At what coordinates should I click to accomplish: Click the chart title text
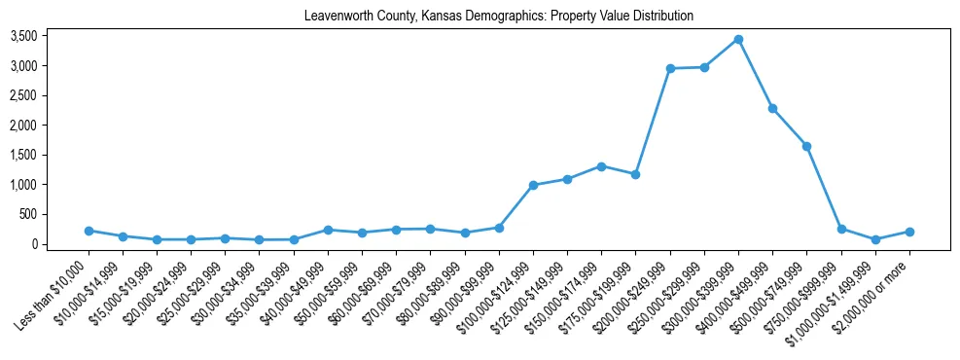click(498, 17)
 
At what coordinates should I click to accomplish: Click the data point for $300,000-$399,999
click(738, 40)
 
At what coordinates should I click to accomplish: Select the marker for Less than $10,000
click(89, 231)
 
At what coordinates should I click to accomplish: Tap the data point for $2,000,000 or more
click(909, 232)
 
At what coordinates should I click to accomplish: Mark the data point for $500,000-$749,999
click(806, 146)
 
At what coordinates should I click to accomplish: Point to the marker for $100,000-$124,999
click(533, 185)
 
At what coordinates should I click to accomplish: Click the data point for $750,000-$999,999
click(841, 229)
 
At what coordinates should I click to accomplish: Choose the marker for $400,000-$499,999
click(772, 108)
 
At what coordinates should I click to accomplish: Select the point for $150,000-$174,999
click(601, 166)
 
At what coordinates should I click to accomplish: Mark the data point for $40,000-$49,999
click(328, 230)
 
